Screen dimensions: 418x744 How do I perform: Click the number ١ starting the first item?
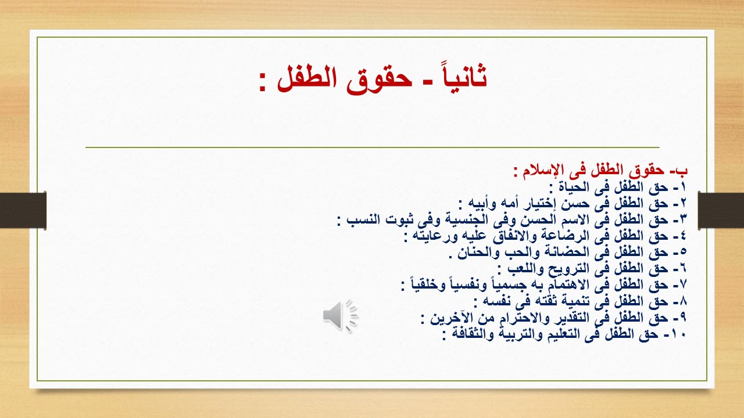point(683,188)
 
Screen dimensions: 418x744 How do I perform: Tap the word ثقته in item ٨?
point(541,302)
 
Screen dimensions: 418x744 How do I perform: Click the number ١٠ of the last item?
point(678,334)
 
